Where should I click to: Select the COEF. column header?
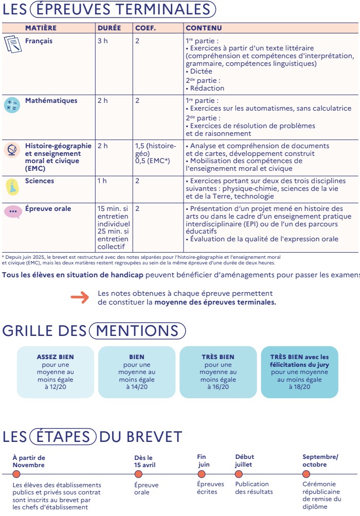[x=145, y=28]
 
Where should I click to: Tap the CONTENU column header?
[x=204, y=28]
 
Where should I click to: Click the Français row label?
[x=39, y=41]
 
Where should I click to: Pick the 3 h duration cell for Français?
[x=102, y=41]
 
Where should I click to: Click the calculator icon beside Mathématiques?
[x=11, y=105]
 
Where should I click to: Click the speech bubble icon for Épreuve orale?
[x=12, y=211]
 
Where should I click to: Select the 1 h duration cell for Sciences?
[x=102, y=181]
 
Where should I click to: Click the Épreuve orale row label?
[x=48, y=209]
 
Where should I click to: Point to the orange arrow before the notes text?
[x=80, y=298]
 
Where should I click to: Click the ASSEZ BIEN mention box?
[x=56, y=371]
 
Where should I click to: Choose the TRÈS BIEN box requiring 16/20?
[x=218, y=371]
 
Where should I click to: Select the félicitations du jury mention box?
[x=299, y=371]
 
